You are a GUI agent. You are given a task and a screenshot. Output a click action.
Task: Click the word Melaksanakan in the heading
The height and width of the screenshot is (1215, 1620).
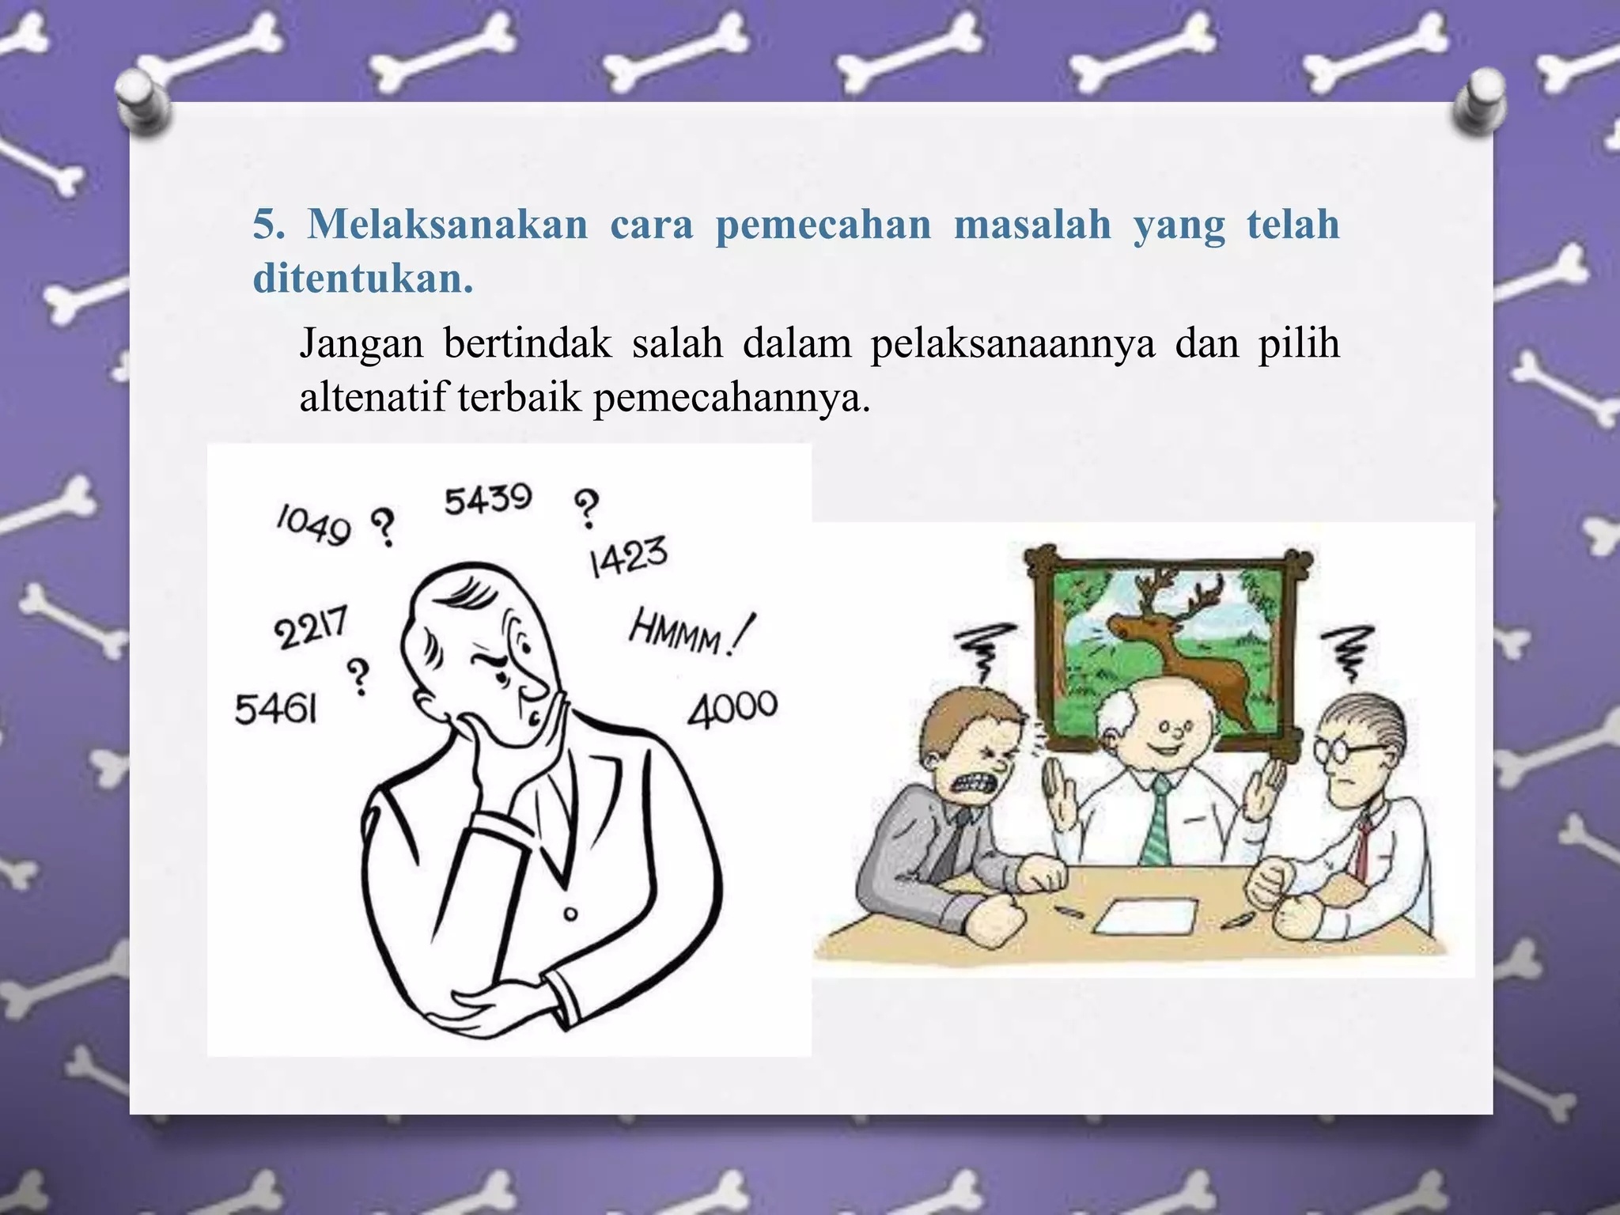448,225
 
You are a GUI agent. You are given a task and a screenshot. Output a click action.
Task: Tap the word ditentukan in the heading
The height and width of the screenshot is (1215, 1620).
362,278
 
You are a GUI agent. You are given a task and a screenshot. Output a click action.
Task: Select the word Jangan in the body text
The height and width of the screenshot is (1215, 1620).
361,345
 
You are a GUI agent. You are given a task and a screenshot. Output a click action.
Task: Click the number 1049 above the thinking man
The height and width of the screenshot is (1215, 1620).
313,525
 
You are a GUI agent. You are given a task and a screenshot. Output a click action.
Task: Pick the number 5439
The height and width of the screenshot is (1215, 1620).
487,499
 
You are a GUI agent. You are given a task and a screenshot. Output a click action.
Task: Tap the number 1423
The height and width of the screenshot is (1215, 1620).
628,557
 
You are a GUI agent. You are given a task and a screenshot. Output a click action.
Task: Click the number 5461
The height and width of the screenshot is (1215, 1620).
276,709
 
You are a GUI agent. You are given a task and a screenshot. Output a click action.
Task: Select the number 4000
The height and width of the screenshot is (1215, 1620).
732,707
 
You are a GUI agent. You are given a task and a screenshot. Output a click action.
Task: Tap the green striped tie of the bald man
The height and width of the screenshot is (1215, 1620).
1158,819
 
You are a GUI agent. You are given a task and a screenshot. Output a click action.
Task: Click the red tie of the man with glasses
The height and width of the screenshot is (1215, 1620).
1362,846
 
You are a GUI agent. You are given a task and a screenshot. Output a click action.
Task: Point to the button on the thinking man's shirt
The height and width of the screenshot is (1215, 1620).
570,914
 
